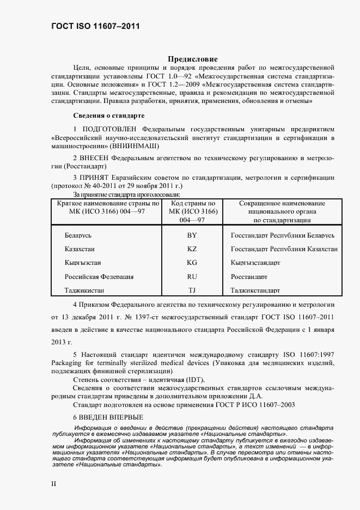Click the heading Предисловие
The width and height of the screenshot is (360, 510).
click(x=192, y=59)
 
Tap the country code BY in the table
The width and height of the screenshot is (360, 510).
click(x=192, y=235)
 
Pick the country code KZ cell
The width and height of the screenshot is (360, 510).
click(x=192, y=248)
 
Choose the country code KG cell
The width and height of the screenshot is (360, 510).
click(x=192, y=263)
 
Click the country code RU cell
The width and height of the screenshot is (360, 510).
click(x=192, y=277)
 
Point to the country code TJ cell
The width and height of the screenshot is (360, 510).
click(x=192, y=290)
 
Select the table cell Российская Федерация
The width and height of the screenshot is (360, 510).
click(x=99, y=277)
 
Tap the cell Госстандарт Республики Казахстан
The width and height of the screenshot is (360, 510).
click(x=284, y=248)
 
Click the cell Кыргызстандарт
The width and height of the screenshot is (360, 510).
click(x=255, y=263)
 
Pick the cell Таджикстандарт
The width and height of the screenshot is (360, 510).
click(x=255, y=290)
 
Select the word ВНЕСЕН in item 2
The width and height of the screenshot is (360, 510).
click(x=97, y=157)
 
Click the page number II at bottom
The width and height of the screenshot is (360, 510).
click(x=53, y=483)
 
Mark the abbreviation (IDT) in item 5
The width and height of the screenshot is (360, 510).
click(x=197, y=379)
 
